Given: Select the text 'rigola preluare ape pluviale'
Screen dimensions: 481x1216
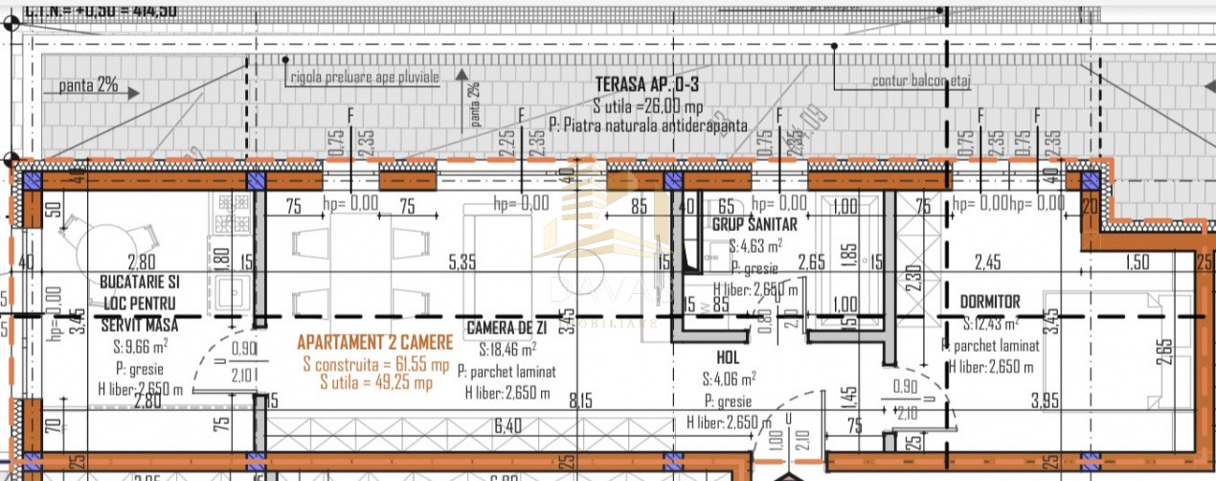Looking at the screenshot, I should (x=365, y=75).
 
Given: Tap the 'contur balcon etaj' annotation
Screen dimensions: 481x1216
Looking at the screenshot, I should (x=920, y=81).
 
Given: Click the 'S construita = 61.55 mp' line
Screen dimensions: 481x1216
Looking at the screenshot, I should (x=374, y=365).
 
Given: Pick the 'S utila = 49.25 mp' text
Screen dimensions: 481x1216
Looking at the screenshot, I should (x=374, y=382).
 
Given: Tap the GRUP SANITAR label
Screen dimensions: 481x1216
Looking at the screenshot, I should (x=754, y=224).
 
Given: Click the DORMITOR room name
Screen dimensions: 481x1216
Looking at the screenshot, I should (x=990, y=302).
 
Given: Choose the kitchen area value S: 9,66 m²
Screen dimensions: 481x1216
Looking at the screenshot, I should (x=140, y=344).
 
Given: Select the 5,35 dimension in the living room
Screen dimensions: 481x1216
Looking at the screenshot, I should (x=462, y=261).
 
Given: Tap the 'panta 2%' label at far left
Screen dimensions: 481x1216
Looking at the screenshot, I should (x=88, y=85).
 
